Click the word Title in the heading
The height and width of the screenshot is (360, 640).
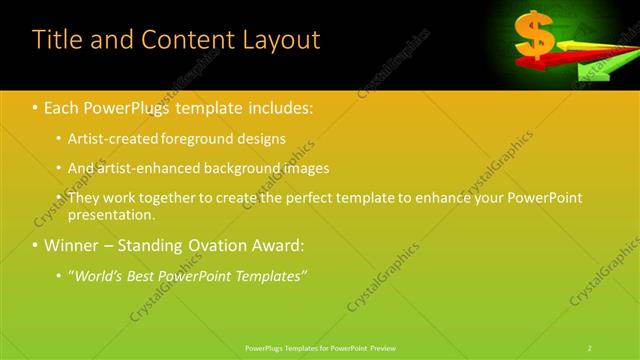(x=56, y=40)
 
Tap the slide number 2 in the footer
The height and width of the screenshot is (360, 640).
(x=590, y=347)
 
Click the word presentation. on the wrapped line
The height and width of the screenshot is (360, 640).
(x=112, y=214)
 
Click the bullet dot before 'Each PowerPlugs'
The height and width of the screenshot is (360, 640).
(x=36, y=105)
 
